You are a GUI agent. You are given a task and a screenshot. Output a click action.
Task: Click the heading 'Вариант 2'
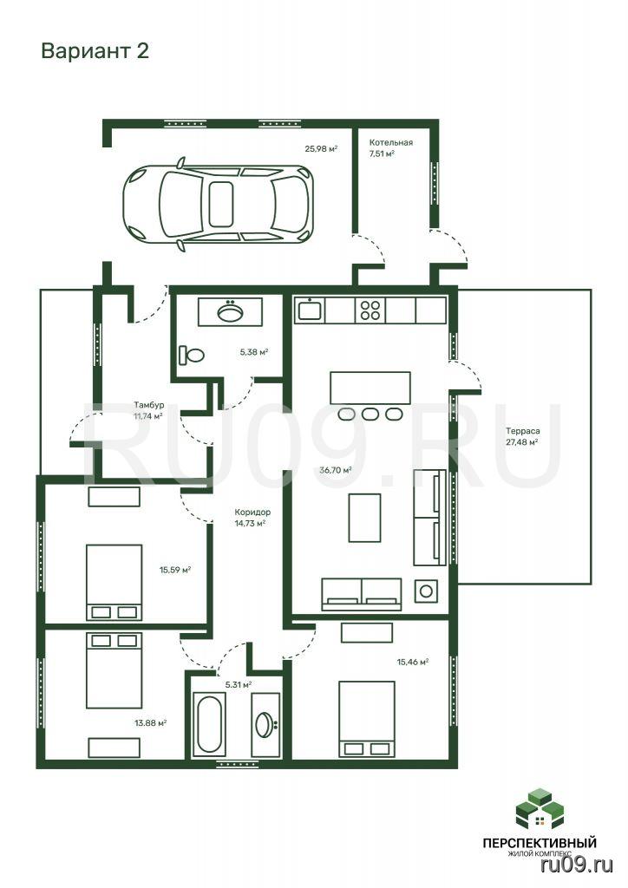[x=95, y=51]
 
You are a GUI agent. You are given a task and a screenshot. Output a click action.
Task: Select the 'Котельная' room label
[x=390, y=143]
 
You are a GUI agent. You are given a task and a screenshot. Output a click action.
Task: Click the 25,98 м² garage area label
[x=321, y=149]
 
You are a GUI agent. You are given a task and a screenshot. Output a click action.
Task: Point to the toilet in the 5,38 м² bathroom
[x=192, y=355]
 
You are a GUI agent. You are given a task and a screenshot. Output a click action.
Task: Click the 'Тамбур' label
[x=149, y=405]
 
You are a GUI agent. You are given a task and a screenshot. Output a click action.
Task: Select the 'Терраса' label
[x=523, y=431]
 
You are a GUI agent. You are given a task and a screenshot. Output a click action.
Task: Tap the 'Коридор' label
[x=252, y=512]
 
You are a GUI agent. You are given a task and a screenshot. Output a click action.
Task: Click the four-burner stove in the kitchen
[x=370, y=310]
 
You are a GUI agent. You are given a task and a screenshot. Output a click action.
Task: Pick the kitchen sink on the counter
[x=309, y=310]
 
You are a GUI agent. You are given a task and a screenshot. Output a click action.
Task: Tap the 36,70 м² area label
[x=336, y=469]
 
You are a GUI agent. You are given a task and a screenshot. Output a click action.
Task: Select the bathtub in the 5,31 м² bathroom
[x=208, y=724]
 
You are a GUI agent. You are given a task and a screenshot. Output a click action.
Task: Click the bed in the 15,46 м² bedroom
[x=366, y=719]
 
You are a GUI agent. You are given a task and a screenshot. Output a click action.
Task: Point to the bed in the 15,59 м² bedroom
[x=114, y=582]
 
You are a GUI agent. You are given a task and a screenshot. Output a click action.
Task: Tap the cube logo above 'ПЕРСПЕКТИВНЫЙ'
[x=540, y=808]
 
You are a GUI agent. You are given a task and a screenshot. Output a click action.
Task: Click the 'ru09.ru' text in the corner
[x=577, y=865]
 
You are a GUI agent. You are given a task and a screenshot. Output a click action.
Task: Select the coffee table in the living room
[x=364, y=518]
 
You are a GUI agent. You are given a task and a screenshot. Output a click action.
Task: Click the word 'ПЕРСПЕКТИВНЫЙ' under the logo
[x=540, y=843]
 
